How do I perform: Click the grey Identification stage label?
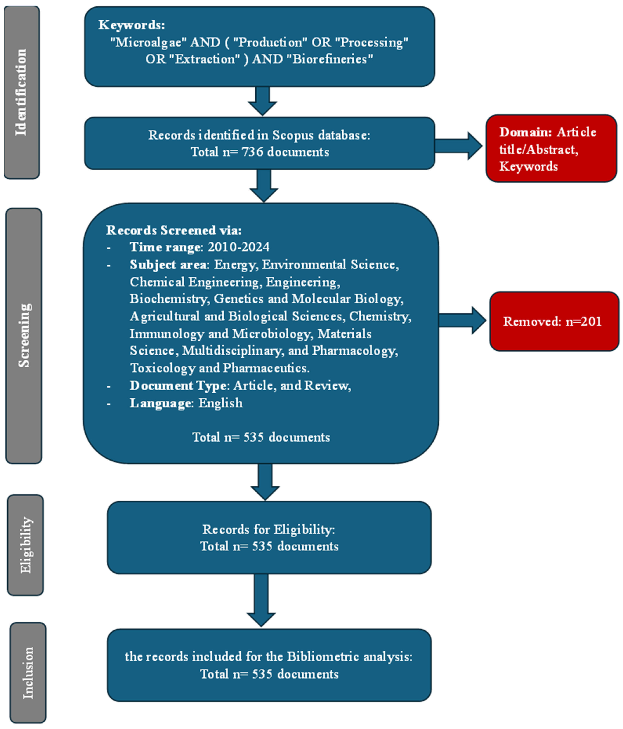[x=22, y=92]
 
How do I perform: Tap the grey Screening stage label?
[x=23, y=336]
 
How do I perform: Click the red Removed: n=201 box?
[x=554, y=321]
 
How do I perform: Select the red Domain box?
[x=551, y=148]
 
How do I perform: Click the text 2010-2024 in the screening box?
[x=238, y=247]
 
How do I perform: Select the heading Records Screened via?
[x=174, y=230]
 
